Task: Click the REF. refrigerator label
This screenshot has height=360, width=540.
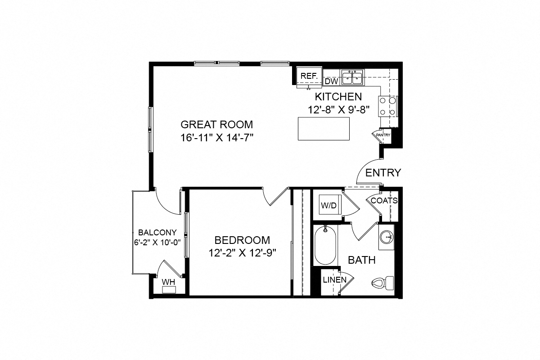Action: pos(309,76)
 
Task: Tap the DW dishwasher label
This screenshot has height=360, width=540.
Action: pos(331,81)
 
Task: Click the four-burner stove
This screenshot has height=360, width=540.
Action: pos(388,107)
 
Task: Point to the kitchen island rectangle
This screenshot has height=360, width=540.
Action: pos(324,128)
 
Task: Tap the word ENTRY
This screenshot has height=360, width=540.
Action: pos(383,173)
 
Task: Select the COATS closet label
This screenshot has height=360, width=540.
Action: pos(384,201)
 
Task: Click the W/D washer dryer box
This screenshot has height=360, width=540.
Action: pos(328,206)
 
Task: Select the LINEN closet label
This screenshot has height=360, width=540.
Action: pos(335,280)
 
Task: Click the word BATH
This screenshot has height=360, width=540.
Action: pos(362,260)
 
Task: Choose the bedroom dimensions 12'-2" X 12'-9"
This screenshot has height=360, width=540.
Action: pos(242,253)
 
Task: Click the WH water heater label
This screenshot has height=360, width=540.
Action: pos(168,282)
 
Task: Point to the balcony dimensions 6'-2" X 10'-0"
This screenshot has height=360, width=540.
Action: pos(157,242)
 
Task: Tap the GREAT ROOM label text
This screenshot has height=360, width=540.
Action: pos(216,124)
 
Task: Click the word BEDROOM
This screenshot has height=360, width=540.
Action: pos(242,240)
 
